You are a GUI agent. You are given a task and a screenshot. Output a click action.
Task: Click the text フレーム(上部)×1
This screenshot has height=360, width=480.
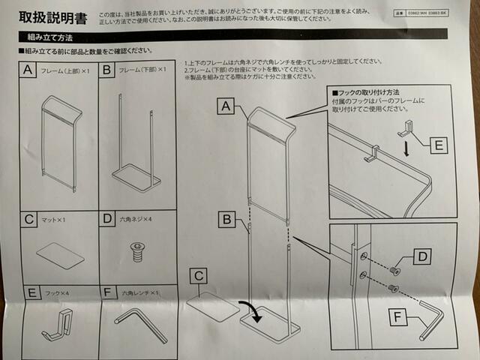[66, 70]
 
